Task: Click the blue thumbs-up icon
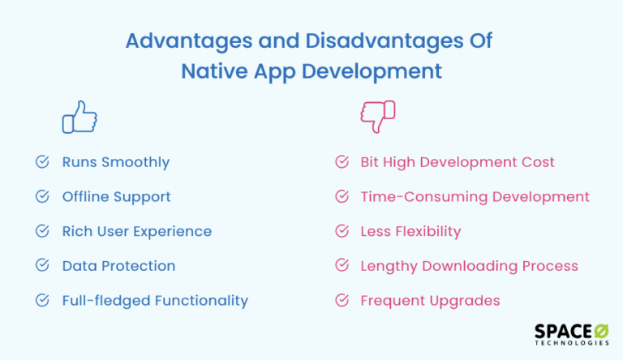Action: tap(79, 117)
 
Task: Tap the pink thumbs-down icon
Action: tap(378, 117)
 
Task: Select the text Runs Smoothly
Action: tap(116, 162)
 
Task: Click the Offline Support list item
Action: tap(116, 197)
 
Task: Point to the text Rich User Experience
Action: tap(136, 231)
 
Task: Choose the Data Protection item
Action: tap(118, 266)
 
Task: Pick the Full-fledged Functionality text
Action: tap(155, 301)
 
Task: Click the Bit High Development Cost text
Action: tap(458, 162)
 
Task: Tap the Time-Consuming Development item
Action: tap(475, 197)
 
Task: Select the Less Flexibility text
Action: tap(410, 231)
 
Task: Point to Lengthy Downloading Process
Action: tap(469, 266)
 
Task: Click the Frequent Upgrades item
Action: tap(430, 301)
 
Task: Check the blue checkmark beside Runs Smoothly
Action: tap(42, 162)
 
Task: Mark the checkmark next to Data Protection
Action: tap(42, 266)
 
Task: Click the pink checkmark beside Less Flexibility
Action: tap(342, 231)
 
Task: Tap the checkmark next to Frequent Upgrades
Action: tap(342, 301)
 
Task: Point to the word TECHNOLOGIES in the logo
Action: tap(572, 344)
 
